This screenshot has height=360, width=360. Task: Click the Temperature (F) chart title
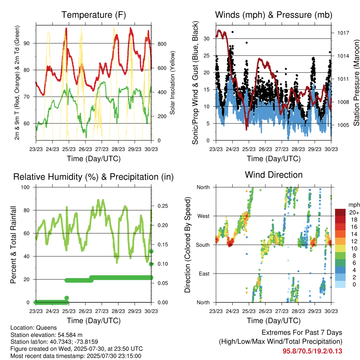point(94,15)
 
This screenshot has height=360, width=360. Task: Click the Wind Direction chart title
point(274,175)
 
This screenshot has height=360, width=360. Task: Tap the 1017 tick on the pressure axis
point(343,33)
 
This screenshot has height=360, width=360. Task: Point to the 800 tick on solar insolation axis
point(162,44)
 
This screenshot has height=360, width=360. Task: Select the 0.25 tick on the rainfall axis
point(163,206)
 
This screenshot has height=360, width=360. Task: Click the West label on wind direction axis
point(204,216)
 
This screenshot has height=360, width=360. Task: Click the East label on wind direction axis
point(204,274)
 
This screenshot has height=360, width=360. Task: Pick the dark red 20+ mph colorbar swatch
point(340,212)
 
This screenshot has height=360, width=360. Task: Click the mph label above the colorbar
point(354,205)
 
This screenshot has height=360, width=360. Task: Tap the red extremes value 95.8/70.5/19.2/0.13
point(312,351)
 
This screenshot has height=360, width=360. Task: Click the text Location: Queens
point(33,328)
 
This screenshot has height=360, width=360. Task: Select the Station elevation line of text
point(46,335)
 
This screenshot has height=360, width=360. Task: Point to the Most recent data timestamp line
point(76,356)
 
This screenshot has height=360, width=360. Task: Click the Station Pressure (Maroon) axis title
point(356,83)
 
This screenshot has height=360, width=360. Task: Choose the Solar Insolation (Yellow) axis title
point(172,83)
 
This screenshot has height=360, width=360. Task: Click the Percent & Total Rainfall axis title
point(13,245)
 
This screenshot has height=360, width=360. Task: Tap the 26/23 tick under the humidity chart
point(85,311)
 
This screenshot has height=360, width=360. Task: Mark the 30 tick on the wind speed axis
point(207,39)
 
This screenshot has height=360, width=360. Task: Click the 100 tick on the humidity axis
point(25,187)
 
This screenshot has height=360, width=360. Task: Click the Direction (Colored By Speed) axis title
point(187,245)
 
